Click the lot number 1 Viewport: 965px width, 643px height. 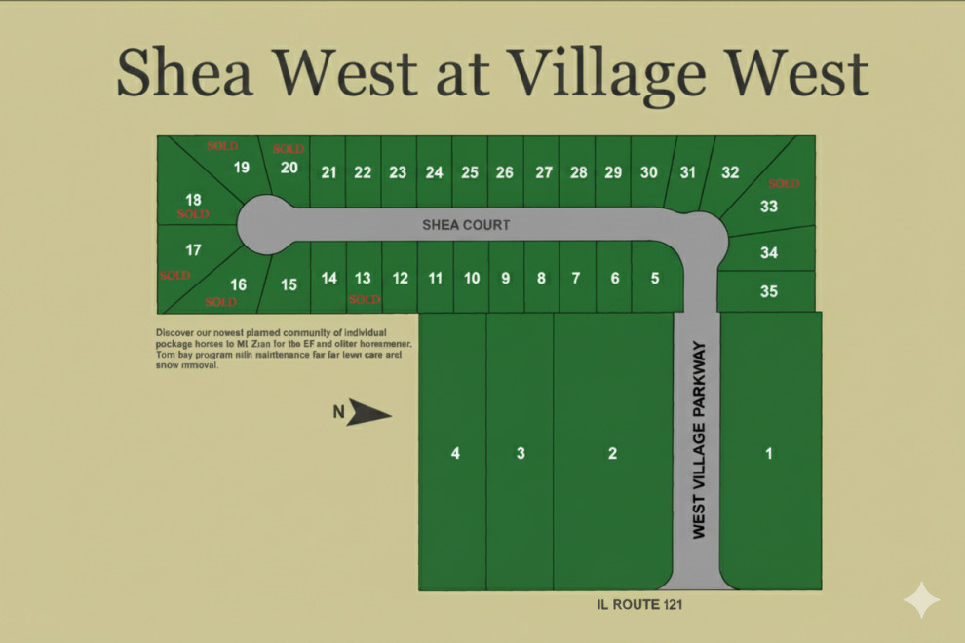click(x=769, y=453)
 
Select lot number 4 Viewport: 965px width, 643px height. click(x=455, y=453)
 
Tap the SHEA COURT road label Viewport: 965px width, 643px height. click(x=466, y=225)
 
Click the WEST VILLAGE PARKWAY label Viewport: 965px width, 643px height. click(x=698, y=439)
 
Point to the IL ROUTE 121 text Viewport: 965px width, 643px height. click(x=639, y=605)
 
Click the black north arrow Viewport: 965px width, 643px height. click(x=370, y=413)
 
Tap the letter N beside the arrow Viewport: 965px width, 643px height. click(x=338, y=412)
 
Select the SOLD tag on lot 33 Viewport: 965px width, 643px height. click(x=783, y=183)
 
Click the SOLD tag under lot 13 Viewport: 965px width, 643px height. click(x=364, y=299)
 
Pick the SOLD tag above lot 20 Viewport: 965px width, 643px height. click(x=289, y=149)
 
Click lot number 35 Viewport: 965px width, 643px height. click(x=768, y=291)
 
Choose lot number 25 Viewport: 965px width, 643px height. click(x=470, y=172)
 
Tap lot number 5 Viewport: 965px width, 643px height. click(x=654, y=278)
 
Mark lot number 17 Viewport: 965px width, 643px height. click(x=193, y=250)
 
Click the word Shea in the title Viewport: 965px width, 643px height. click(x=186, y=73)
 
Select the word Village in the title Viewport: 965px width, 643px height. click(x=611, y=73)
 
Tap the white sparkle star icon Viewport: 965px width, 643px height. click(x=921, y=600)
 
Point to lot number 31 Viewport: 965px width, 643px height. click(x=688, y=172)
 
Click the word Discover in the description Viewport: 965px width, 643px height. click(x=176, y=333)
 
